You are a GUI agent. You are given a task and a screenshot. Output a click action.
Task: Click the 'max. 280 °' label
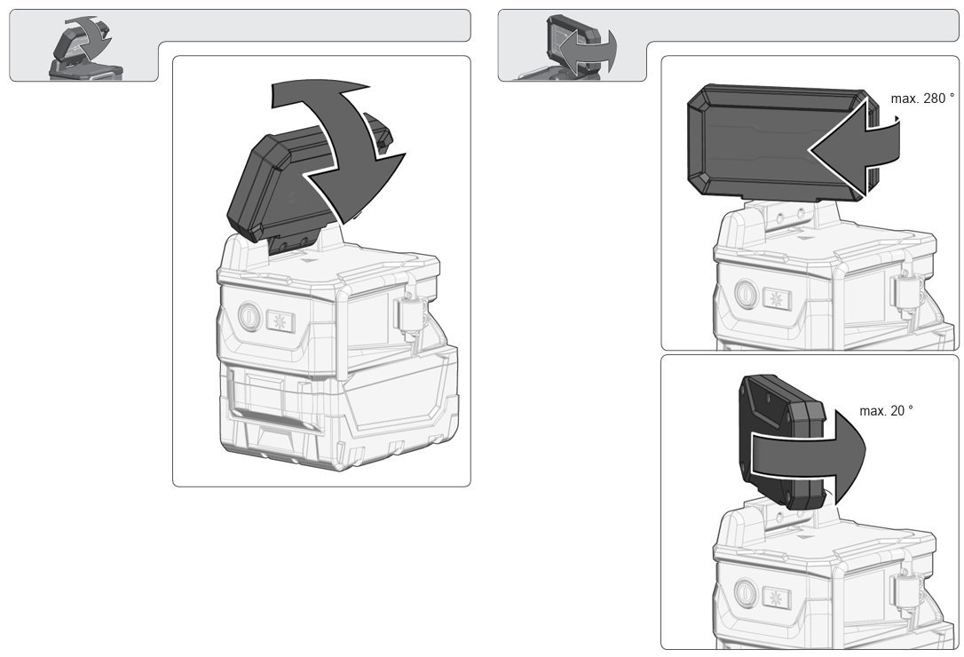922,99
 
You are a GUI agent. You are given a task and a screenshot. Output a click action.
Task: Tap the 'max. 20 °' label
886,410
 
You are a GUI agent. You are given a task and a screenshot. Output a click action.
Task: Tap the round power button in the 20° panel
745,592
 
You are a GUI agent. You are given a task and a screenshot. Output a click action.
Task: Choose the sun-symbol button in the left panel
281,321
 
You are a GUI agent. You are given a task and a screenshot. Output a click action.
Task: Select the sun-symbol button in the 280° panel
777,299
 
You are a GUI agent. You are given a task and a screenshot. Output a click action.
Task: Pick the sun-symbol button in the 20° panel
777,598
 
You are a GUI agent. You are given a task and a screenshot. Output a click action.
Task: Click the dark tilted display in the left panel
277,185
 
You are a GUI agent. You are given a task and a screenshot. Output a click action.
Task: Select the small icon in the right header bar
578,46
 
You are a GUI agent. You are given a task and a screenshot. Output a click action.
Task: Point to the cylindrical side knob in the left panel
409,313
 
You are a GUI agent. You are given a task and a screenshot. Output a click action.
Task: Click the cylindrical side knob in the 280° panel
905,290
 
